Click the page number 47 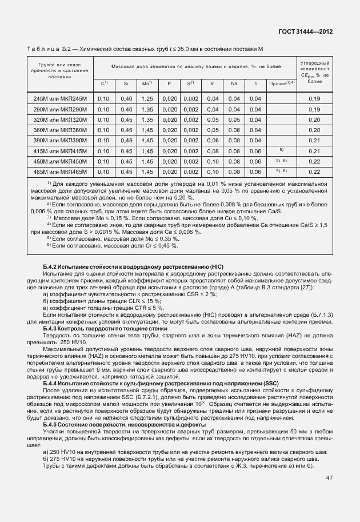tap(329, 478)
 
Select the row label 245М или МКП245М tap(60, 99)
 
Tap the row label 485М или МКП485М tap(60, 171)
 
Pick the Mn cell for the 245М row tap(147, 99)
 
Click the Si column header tap(125, 84)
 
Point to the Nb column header tap(234, 84)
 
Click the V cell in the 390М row tap(212, 140)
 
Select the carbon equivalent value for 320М tap(314, 119)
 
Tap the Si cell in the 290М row tap(126, 109)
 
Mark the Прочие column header tap(281, 84)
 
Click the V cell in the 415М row tap(212, 150)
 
